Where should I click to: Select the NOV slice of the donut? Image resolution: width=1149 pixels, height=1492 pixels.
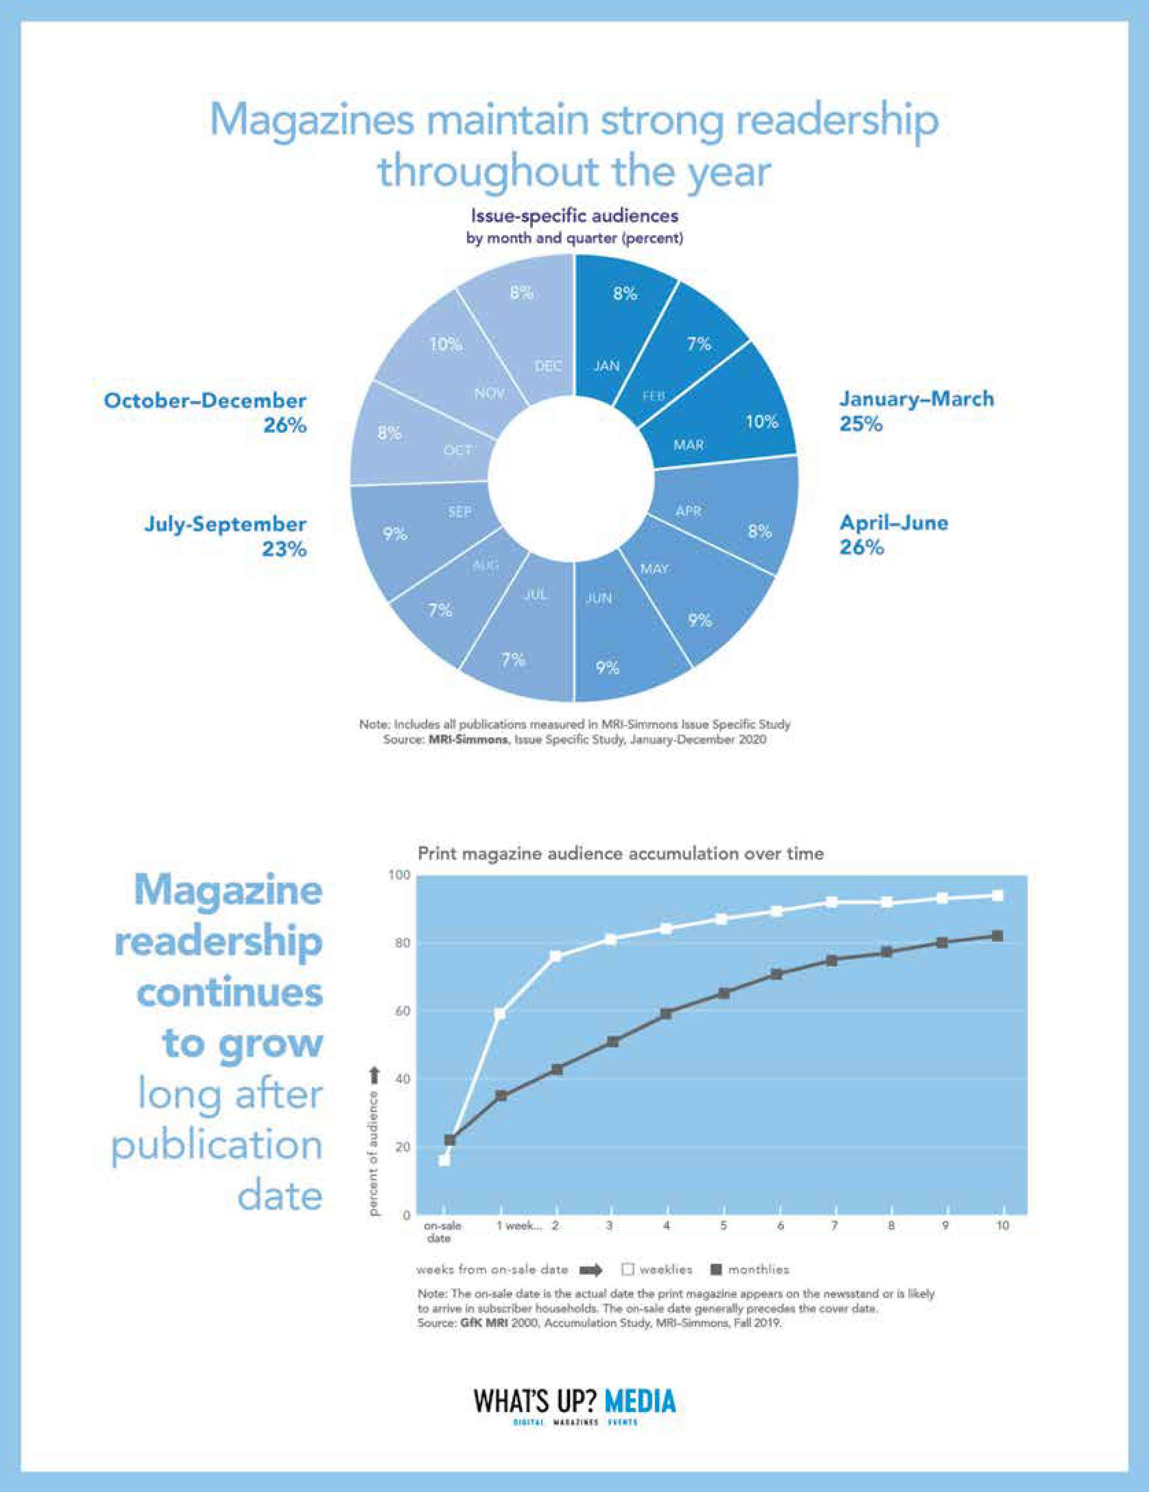(x=458, y=362)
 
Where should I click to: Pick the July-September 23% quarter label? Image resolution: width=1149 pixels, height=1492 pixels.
(x=226, y=536)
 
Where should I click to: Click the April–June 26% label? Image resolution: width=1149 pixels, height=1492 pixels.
(x=893, y=535)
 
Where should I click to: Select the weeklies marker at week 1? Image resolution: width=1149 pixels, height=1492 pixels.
(x=500, y=1014)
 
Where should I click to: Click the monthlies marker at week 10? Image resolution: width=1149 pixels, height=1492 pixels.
(x=997, y=936)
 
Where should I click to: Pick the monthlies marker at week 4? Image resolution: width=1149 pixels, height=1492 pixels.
(x=666, y=1014)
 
